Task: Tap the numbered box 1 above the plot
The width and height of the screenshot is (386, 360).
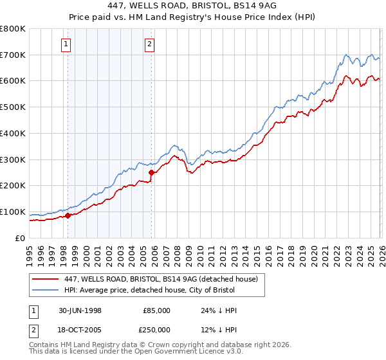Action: point(67,44)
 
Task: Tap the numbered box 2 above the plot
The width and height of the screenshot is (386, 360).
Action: point(149,44)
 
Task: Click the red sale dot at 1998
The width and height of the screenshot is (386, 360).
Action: point(68,215)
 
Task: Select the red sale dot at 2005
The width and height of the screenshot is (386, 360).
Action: point(152,172)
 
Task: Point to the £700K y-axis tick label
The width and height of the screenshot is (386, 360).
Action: point(13,55)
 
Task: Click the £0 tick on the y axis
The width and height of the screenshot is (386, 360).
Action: point(19,238)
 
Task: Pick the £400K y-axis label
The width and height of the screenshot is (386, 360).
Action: point(13,134)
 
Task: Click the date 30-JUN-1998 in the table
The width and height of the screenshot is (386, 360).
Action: point(80,310)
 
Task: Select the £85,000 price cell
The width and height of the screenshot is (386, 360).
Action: point(157,310)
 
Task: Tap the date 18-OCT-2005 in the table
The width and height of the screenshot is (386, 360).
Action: point(80,330)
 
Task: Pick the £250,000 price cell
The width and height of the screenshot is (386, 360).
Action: point(157,330)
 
